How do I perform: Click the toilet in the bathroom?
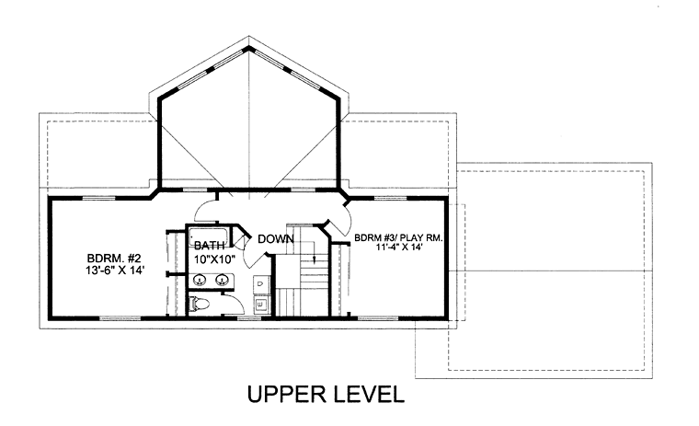tap(199, 305)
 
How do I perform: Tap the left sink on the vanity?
tap(200, 280)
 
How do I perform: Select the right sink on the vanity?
tap(221, 280)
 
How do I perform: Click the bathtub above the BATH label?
tap(208, 236)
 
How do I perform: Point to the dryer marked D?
tap(261, 283)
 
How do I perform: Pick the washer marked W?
tap(261, 305)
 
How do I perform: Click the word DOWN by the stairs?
tap(276, 239)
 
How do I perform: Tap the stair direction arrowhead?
tap(315, 259)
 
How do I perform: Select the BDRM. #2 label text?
tap(114, 259)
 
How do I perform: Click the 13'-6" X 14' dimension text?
tap(115, 270)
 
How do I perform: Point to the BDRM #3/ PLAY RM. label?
tap(398, 237)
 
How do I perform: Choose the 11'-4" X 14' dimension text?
tap(398, 248)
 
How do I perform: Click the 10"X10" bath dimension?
tap(214, 259)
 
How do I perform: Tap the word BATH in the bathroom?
tap(209, 246)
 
